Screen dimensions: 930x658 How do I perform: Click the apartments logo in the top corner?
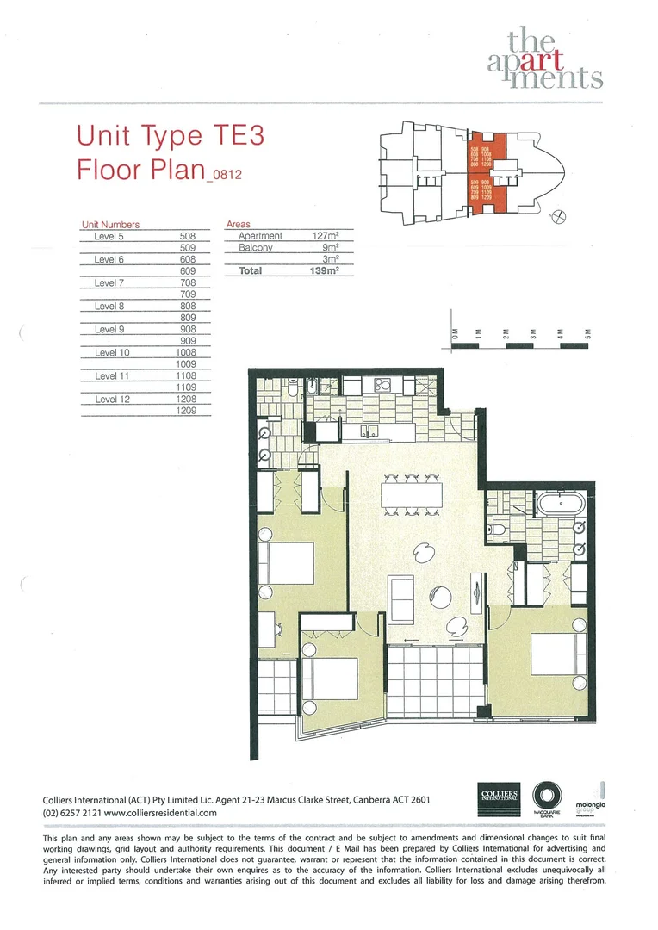[556, 58]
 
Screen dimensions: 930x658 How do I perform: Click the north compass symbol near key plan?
[562, 216]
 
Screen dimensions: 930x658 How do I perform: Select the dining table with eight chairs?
[410, 494]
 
